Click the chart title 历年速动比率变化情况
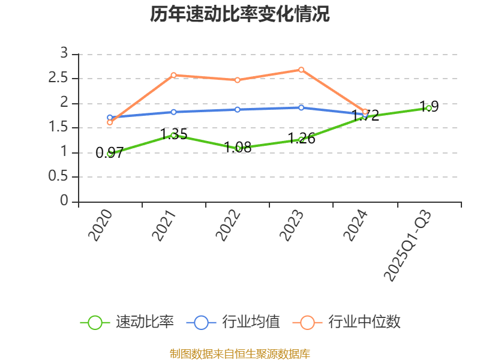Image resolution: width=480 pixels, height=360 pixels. coord(240,14)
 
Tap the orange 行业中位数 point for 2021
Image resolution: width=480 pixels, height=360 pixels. coord(173,75)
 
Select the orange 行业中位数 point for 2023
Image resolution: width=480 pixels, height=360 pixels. coord(301,70)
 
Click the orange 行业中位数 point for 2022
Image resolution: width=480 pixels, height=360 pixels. coord(238,80)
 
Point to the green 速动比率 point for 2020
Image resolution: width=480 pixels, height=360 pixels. coord(110,153)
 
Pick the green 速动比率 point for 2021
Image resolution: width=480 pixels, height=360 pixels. coord(173,135)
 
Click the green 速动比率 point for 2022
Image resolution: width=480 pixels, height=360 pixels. coord(238,148)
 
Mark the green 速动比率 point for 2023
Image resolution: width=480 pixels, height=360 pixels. coord(301,139)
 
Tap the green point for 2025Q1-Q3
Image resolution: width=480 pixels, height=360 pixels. coord(428,108)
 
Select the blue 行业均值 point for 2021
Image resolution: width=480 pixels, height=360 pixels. coord(173,112)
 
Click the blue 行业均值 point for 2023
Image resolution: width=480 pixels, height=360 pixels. coord(301,107)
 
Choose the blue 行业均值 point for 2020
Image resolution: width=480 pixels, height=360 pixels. coord(110,118)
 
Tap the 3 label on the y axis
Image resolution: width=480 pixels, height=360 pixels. coord(65,54)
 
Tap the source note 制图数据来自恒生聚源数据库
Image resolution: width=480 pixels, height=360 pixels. coord(240,353)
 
